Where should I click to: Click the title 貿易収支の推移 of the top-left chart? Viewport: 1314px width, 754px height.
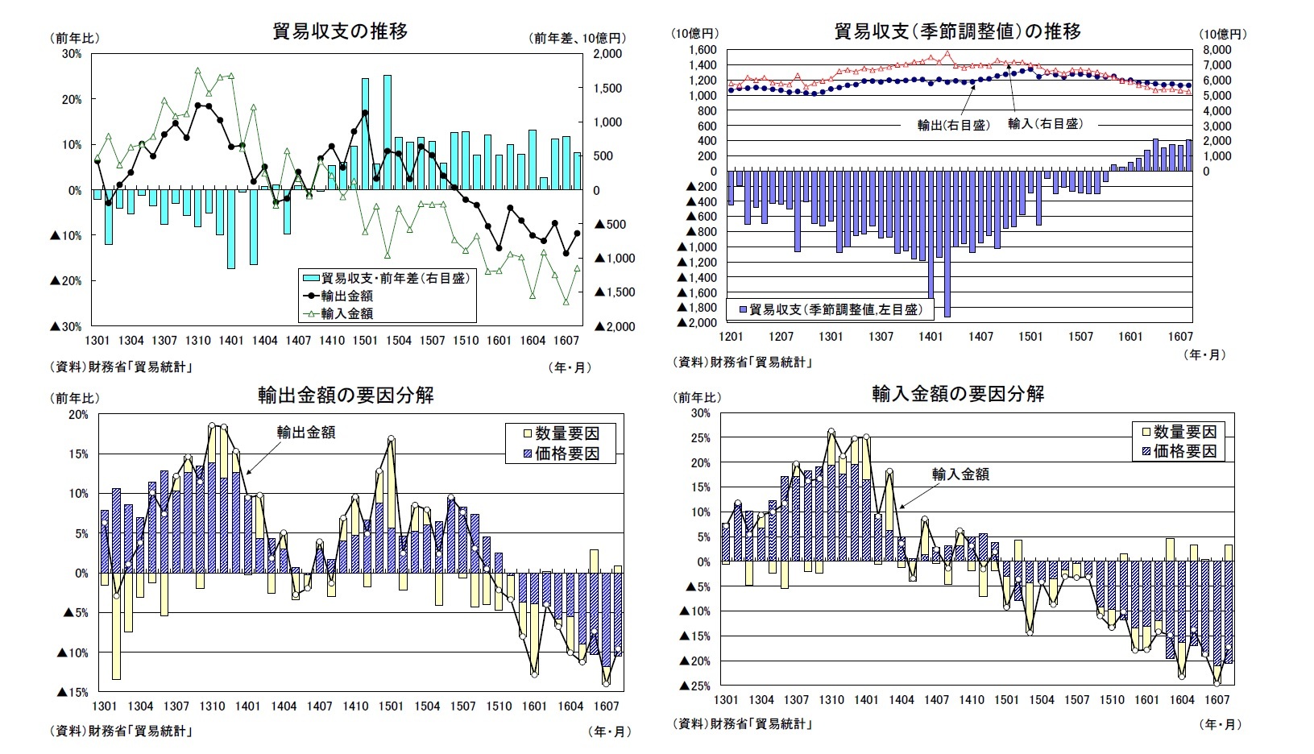coord(340,31)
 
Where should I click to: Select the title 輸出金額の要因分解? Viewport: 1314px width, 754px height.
coord(346,395)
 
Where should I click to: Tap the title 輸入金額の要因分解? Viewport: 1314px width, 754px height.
coord(958,393)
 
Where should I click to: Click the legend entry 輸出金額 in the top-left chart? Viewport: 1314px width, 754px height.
coord(346,296)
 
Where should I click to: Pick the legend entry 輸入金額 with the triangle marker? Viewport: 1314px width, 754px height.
coord(346,313)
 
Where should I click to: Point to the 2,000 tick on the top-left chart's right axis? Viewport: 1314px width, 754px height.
coord(607,54)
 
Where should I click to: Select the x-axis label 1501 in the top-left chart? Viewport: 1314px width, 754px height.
coord(365,341)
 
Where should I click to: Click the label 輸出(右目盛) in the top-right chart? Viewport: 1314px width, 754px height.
coord(953,125)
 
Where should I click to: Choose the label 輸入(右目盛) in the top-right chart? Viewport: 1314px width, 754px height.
coord(1045,124)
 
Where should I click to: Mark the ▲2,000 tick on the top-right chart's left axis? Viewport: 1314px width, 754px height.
coord(697,322)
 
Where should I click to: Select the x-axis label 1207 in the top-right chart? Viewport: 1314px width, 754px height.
coord(781,337)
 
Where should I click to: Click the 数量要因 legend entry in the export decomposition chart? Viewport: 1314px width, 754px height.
coord(567,433)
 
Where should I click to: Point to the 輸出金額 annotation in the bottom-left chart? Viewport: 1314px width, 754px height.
coord(306,433)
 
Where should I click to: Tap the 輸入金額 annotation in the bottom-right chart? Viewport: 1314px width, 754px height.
coord(960,474)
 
